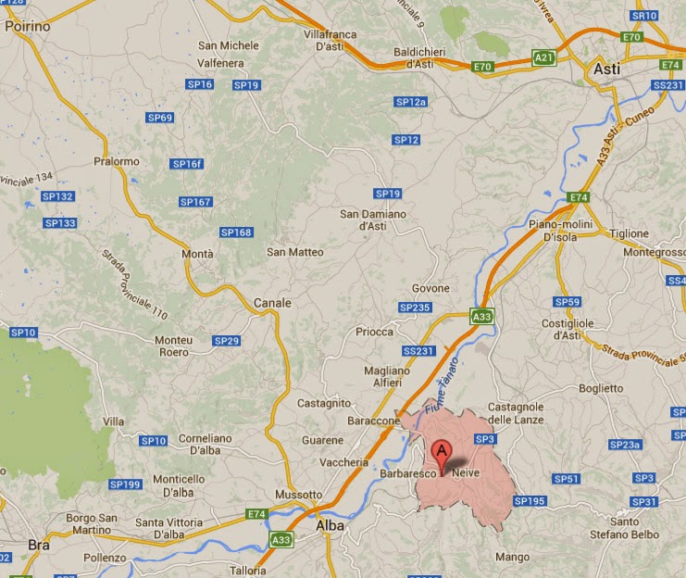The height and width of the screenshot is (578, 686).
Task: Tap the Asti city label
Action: tap(607, 69)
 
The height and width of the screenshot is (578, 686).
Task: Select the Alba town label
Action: tap(330, 525)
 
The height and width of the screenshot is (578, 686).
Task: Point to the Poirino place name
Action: tap(27, 27)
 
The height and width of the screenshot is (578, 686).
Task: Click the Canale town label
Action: tap(272, 303)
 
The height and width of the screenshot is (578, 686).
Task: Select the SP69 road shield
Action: tap(160, 118)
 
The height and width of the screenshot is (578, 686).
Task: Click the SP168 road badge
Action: tap(236, 232)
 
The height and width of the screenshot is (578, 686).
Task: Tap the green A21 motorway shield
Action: tap(545, 58)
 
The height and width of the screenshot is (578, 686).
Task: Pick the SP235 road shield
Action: tap(415, 308)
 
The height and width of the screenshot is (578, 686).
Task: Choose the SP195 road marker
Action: tap(530, 501)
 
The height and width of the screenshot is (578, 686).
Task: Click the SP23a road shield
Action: tap(625, 446)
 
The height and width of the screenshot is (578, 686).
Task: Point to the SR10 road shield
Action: tap(642, 16)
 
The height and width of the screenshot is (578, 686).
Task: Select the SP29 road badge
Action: tap(227, 341)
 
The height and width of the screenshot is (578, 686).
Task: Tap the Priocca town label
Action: tap(374, 332)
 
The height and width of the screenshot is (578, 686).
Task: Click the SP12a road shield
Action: tap(410, 102)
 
